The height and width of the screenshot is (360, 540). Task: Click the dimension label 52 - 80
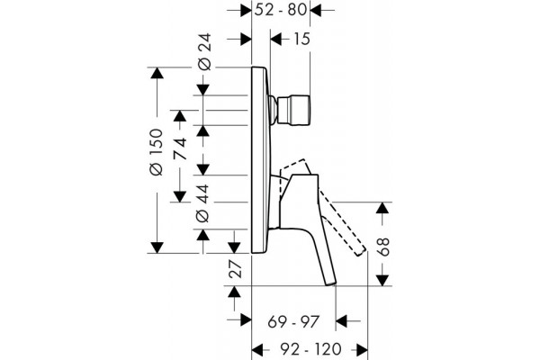(x=280, y=10)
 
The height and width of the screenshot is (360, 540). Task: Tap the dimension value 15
(x=301, y=39)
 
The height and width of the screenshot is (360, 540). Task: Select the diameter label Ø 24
(x=204, y=52)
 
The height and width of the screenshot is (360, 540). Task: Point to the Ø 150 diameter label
(x=157, y=152)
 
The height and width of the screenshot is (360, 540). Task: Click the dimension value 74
(x=180, y=148)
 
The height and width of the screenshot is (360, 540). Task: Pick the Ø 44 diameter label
(x=202, y=203)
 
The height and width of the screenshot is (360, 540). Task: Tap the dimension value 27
(x=236, y=269)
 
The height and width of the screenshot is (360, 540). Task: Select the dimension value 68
(x=382, y=247)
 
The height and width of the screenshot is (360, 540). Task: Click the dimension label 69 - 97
(x=293, y=322)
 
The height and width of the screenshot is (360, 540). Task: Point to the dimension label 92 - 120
(x=310, y=350)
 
